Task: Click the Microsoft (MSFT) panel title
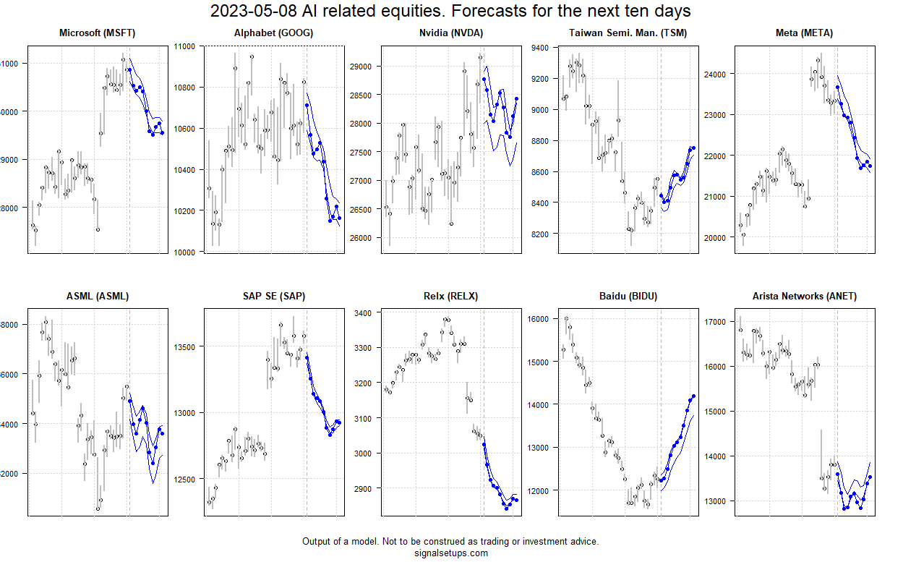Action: (97, 33)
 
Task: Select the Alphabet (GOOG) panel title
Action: (273, 33)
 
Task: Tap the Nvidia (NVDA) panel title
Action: (450, 33)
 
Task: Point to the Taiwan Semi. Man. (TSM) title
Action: (628, 33)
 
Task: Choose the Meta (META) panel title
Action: (804, 33)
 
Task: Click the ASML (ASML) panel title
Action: (97, 296)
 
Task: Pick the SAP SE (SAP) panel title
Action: (273, 296)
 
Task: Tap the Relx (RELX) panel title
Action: (450, 296)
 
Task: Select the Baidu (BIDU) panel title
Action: (628, 296)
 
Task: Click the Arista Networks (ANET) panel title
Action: (804, 296)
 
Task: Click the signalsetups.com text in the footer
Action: (450, 553)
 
